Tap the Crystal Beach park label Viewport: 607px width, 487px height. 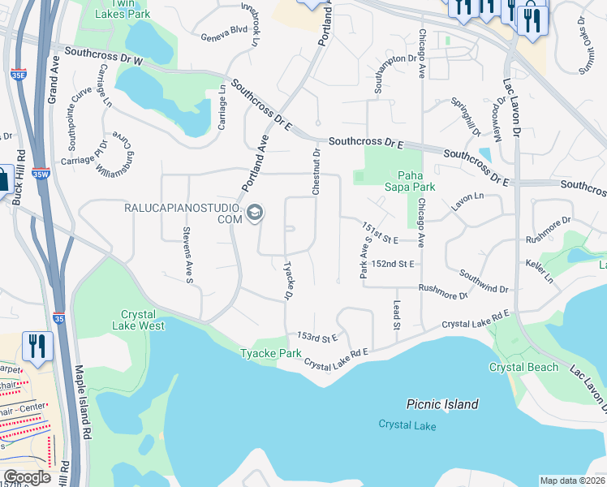pos(523,367)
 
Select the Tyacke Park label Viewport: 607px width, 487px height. pos(271,353)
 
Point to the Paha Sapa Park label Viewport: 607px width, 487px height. pos(415,180)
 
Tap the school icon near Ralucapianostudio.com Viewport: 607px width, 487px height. pos(255,213)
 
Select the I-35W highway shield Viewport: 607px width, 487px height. pos(41,173)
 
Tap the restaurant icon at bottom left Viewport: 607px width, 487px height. pos(37,347)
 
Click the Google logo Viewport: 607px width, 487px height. pos(26,477)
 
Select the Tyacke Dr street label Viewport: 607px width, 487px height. pos(287,280)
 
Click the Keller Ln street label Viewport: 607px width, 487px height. pos(539,272)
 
